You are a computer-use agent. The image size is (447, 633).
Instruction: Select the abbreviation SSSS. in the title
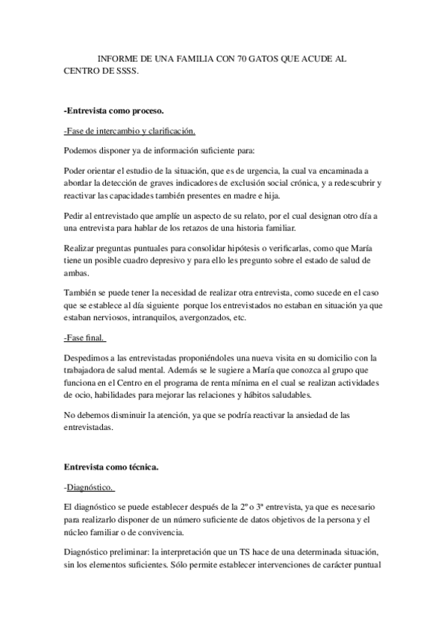tap(125, 72)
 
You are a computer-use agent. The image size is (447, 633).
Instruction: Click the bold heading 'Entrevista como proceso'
tap(113, 111)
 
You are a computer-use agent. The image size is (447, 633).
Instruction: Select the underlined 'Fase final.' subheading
tap(84, 338)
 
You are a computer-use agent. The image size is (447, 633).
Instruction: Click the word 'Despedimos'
tap(88, 358)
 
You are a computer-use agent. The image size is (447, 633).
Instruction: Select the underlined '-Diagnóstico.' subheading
tap(90, 488)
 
